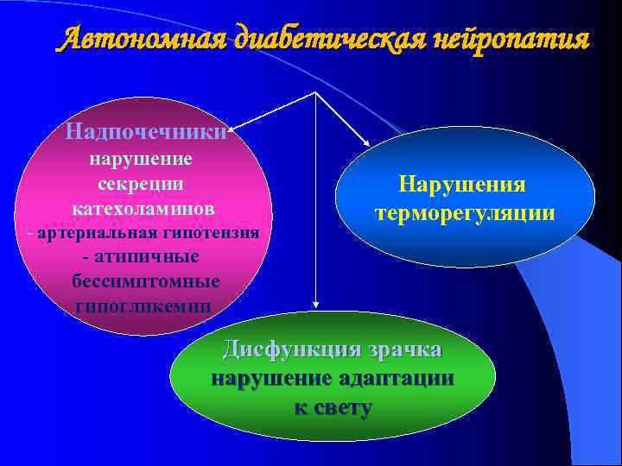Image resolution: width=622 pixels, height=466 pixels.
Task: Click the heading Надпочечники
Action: (x=146, y=132)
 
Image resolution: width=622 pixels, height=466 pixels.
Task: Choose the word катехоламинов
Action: (x=143, y=208)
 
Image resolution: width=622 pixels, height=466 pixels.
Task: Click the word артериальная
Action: (x=91, y=233)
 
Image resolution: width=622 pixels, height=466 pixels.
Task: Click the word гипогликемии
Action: (x=143, y=305)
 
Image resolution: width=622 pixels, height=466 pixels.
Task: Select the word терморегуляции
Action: (x=464, y=212)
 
